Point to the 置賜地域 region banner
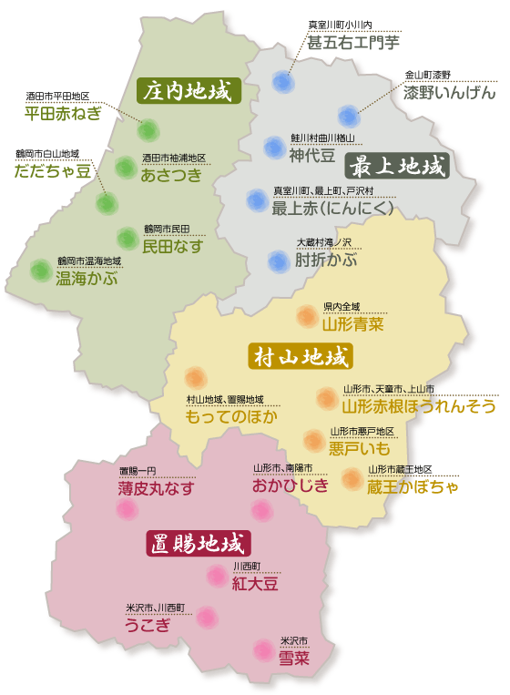(x=197, y=545)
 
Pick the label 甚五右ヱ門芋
(x=352, y=42)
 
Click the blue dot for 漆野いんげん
(x=348, y=116)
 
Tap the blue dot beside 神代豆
(x=274, y=147)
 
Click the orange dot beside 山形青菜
(x=306, y=316)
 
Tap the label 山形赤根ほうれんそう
(x=418, y=405)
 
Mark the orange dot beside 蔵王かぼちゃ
(x=352, y=479)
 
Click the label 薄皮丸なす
(x=156, y=488)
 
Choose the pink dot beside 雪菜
(x=264, y=649)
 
